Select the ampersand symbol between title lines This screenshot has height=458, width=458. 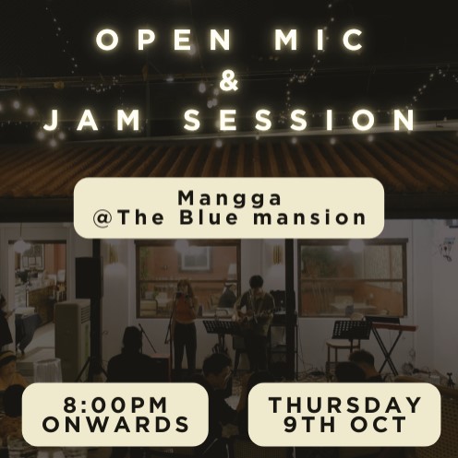pyautogui.click(x=230, y=81)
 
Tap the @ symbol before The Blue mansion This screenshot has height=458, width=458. pyautogui.click(x=105, y=218)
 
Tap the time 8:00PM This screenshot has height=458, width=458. pyautogui.click(x=114, y=405)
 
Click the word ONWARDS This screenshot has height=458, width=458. pyautogui.click(x=114, y=425)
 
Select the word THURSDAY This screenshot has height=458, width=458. pyautogui.click(x=344, y=405)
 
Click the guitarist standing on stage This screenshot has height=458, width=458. pyautogui.click(x=253, y=313)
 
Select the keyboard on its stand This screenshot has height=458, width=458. pyautogui.click(x=388, y=327)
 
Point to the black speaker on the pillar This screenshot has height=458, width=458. pyautogui.click(x=86, y=276)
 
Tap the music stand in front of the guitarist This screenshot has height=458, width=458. pyautogui.click(x=220, y=327)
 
